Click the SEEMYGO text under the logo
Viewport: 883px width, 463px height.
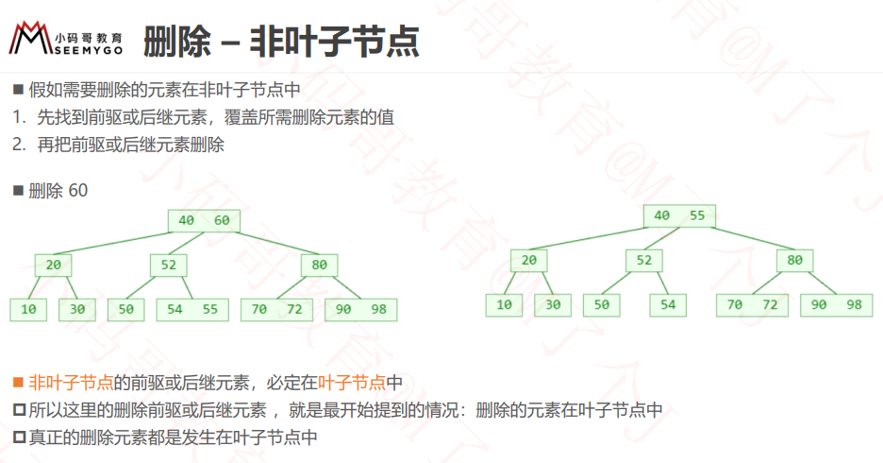[x=89, y=50]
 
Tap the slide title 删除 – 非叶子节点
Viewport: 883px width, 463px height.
[x=281, y=42]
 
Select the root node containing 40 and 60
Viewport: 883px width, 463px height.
[x=204, y=220]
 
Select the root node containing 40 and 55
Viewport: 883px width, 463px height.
[x=679, y=215]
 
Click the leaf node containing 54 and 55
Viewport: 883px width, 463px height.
[x=192, y=310]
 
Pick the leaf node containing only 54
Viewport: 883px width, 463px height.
[x=668, y=305]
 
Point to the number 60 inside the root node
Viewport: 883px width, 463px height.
[x=222, y=220]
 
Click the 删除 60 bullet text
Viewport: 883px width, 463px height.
[x=58, y=191]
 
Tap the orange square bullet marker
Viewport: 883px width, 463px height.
[x=19, y=383]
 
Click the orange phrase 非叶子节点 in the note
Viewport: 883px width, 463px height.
[x=71, y=383]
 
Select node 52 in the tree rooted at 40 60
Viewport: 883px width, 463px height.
[x=168, y=266]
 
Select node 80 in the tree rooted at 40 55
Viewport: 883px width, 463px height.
[x=794, y=261]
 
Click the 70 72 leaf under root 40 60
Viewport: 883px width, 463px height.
[x=276, y=310]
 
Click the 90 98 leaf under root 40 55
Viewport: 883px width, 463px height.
[x=836, y=305]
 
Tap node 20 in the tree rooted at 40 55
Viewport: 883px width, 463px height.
[x=529, y=261]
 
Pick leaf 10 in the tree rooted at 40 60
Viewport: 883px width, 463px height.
[x=28, y=310]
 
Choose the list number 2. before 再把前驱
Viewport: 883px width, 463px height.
[x=19, y=145]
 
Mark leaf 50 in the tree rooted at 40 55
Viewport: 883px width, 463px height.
[x=602, y=305]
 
